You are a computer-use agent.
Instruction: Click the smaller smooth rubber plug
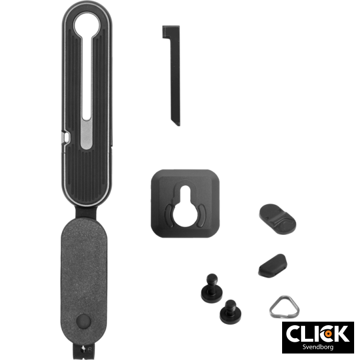[x=273, y=264]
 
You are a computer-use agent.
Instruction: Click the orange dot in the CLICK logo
[x=329, y=334]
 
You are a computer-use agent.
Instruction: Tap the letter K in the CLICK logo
[x=341, y=333]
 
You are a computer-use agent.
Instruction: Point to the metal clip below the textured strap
[x=84, y=352]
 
